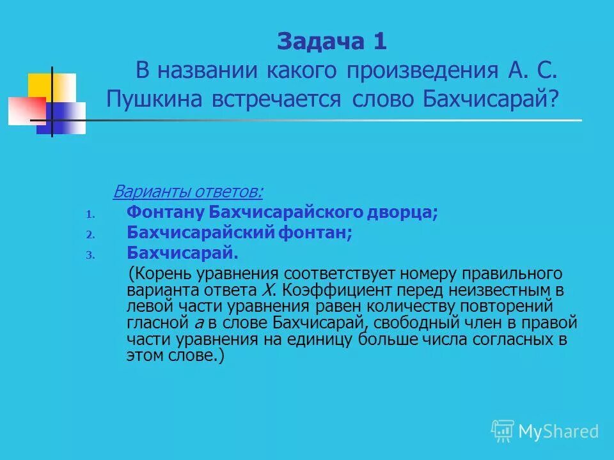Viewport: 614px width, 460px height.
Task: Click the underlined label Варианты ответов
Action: click(x=188, y=192)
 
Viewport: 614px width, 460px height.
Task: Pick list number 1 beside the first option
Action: click(x=90, y=215)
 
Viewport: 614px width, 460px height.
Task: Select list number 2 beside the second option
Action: click(x=90, y=235)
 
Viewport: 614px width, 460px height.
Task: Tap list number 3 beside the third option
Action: click(x=90, y=255)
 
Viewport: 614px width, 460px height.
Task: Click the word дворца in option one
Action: click(x=409, y=213)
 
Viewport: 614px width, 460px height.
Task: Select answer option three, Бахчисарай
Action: click(x=182, y=253)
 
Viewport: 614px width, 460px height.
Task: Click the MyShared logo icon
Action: click(x=503, y=431)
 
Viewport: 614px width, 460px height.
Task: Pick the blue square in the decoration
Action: click(x=64, y=118)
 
